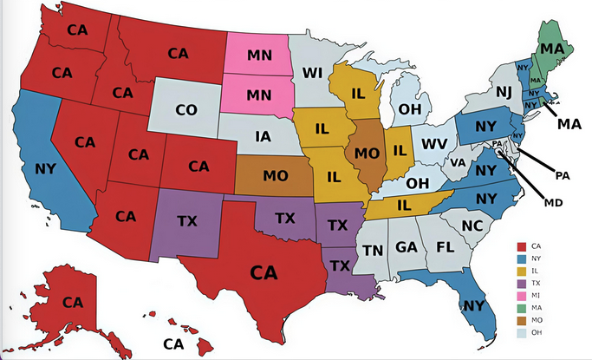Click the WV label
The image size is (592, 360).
(433, 143)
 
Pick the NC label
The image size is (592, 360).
(472, 226)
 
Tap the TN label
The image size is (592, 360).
(374, 251)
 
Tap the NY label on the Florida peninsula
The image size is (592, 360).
(474, 305)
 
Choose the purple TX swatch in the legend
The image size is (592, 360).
(523, 283)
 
